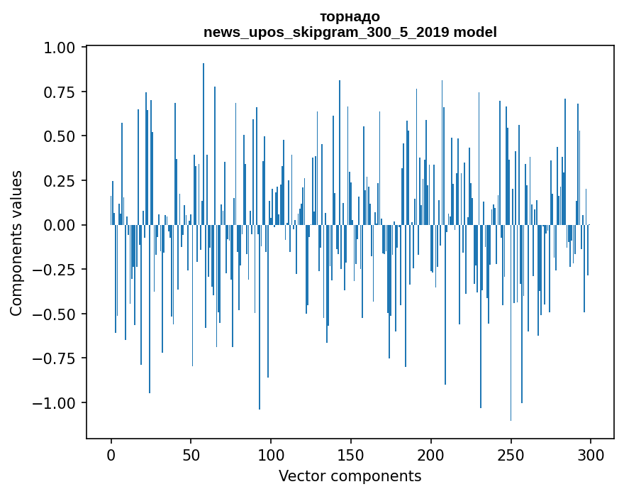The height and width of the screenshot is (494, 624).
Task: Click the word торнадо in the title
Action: coord(350,16)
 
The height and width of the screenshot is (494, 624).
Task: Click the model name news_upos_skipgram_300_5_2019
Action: coord(326,32)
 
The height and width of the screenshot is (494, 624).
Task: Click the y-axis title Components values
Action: coord(16,243)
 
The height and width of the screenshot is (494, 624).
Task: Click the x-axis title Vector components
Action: coord(350,476)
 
